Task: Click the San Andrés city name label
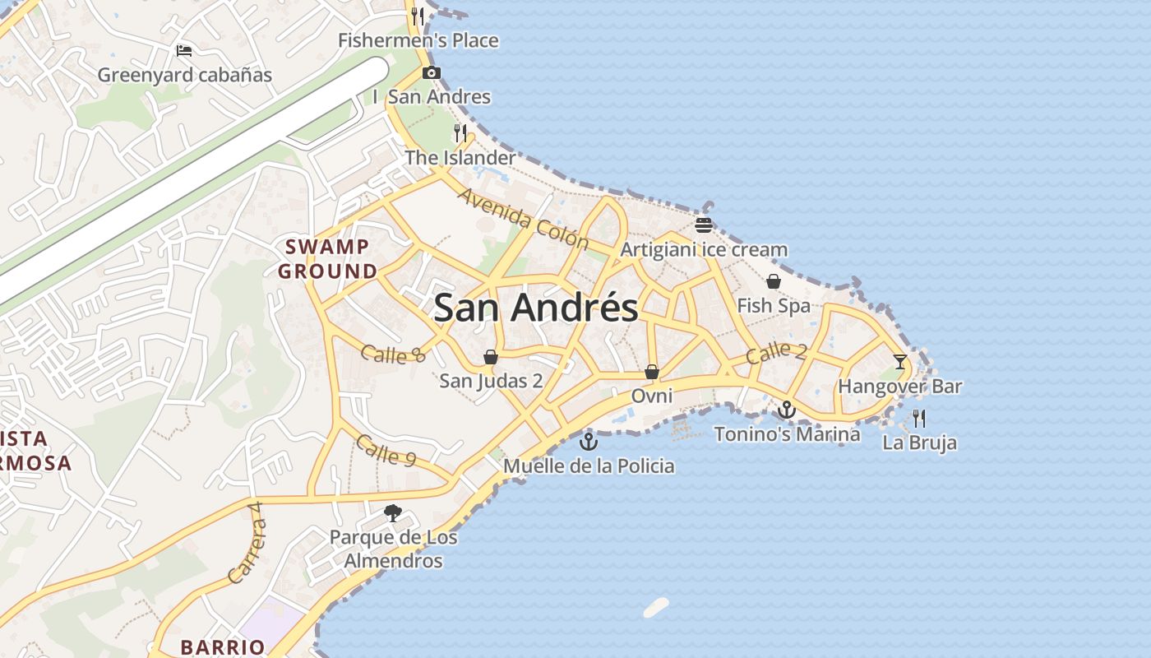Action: [x=535, y=308]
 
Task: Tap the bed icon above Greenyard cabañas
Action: [x=184, y=51]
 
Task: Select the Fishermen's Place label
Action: [x=418, y=40]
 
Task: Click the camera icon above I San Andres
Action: [x=431, y=73]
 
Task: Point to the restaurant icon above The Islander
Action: [x=460, y=133]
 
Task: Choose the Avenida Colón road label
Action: [x=524, y=219]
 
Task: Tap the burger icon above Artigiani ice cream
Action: [x=703, y=225]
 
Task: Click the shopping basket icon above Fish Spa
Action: [x=774, y=282]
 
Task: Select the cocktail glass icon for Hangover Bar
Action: [x=900, y=361]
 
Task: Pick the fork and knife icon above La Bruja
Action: [x=919, y=419]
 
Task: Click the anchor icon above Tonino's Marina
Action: [x=787, y=409]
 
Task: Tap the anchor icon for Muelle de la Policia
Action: [x=589, y=442]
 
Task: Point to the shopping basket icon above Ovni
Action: [x=652, y=372]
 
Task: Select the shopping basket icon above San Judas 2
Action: [x=491, y=357]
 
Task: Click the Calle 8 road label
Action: [x=393, y=354]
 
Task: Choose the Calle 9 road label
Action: [x=385, y=450]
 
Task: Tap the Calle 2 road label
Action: [x=776, y=353]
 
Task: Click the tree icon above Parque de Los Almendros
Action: [x=393, y=514]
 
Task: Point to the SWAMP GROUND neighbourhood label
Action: [x=327, y=258]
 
